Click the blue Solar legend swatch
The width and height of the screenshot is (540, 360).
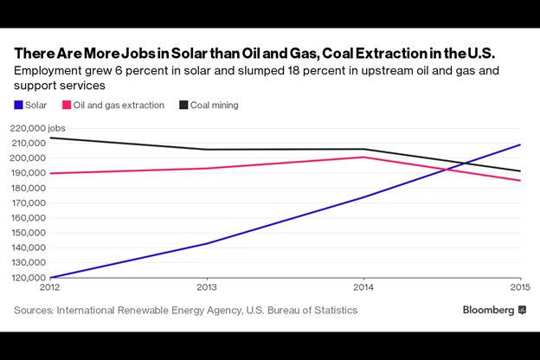point(18,106)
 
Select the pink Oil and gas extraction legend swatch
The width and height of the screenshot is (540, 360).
point(67,106)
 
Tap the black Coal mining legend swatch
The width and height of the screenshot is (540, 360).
point(183,106)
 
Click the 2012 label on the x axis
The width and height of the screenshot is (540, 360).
point(49,287)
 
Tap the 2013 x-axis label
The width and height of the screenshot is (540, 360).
point(207,287)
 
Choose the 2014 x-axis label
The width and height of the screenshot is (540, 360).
point(363,287)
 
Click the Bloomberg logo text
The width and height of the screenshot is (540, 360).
point(488,310)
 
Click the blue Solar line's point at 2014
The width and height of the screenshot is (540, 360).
point(363,196)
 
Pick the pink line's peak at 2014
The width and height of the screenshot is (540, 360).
point(363,157)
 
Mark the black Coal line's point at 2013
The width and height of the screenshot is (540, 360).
point(207,150)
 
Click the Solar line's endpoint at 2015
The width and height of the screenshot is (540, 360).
point(520,145)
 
